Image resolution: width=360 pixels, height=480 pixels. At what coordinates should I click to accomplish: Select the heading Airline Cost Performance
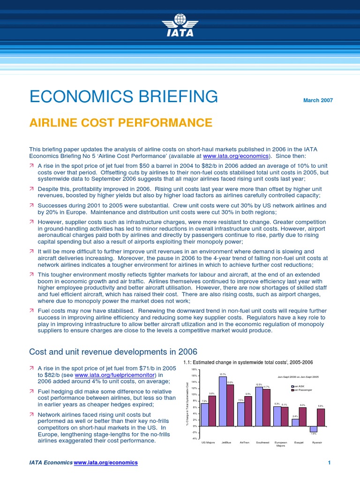(x=121, y=123)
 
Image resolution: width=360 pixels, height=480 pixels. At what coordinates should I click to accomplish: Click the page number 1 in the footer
(x=330, y=463)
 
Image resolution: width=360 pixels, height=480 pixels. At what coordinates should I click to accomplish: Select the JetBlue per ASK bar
(x=223, y=401)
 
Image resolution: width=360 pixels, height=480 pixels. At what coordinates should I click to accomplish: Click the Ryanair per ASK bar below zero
(x=314, y=429)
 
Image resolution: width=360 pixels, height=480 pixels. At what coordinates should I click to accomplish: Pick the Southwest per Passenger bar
(x=267, y=407)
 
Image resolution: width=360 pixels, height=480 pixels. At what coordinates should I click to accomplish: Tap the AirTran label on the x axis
(x=244, y=442)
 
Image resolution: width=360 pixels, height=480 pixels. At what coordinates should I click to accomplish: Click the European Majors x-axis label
(x=281, y=443)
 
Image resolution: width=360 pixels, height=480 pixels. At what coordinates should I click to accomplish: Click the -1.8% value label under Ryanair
(x=314, y=434)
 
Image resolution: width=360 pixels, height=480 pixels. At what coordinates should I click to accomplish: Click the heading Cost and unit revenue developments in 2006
(x=113, y=352)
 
